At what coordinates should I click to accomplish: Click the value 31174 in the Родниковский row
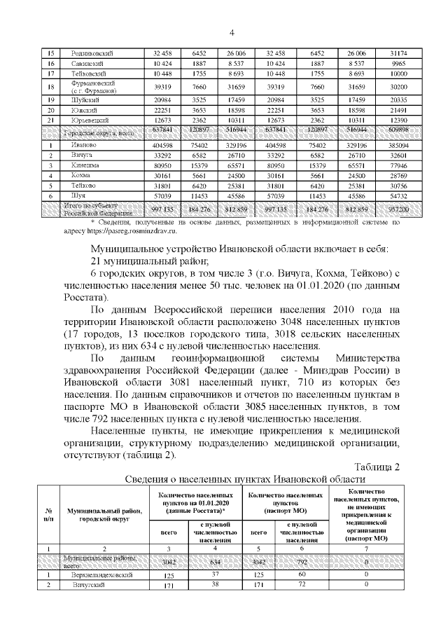point(400,53)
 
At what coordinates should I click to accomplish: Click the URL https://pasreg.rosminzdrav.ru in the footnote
point(128,230)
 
